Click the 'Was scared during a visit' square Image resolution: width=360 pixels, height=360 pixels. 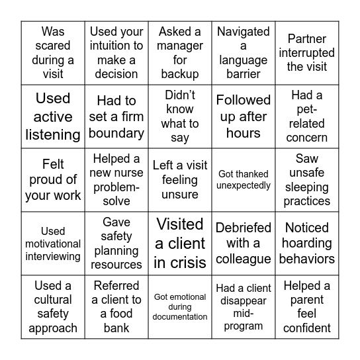click(53, 53)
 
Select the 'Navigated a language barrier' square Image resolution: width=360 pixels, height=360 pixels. click(244, 53)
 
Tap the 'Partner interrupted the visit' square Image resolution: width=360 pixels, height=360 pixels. click(307, 53)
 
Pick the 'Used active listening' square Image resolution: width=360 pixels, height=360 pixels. click(53, 116)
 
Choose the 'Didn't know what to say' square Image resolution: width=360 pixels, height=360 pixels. click(180, 116)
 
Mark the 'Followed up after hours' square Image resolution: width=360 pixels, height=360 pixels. click(244, 116)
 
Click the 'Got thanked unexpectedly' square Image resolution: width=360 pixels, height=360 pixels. click(244, 180)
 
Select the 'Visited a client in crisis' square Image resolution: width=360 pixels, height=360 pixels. click(180, 244)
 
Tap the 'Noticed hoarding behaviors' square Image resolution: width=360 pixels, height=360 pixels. click(307, 244)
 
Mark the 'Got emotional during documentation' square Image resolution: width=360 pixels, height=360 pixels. click(180, 307)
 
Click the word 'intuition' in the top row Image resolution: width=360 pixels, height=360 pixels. click(117, 46)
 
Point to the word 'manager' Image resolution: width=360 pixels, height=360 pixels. click(180, 46)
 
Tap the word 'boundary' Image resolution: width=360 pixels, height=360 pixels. click(116, 133)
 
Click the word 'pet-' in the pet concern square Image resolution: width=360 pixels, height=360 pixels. click(307, 109)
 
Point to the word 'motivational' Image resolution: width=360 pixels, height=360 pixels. click(53, 244)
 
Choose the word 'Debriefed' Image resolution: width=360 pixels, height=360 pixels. click(244, 228)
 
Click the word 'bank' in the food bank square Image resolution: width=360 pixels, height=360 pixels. click(116, 328)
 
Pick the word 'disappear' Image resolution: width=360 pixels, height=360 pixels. click(244, 300)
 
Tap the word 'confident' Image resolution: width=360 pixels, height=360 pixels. click(307, 328)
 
